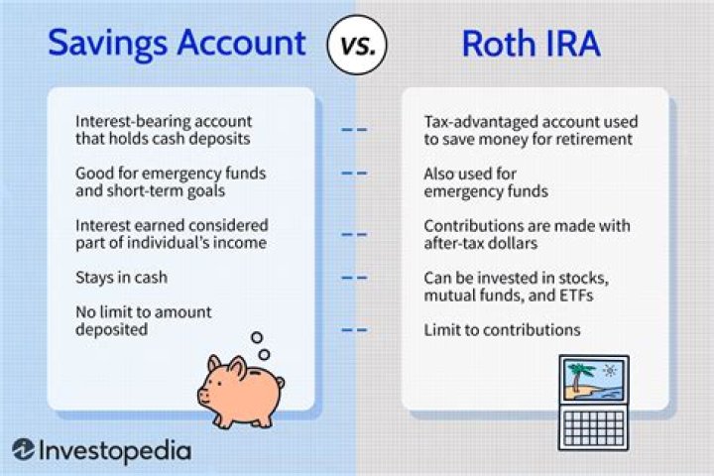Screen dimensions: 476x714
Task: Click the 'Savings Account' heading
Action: (x=177, y=43)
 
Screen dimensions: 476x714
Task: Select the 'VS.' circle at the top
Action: (x=356, y=44)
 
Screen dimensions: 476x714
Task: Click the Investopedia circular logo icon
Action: (x=24, y=449)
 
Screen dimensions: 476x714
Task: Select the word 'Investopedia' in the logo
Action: (x=115, y=449)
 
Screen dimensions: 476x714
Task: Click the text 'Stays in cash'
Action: (x=120, y=279)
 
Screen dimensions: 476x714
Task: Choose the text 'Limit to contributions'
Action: (x=501, y=329)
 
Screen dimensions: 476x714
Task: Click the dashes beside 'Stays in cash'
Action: (x=355, y=279)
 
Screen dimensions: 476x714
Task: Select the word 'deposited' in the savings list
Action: (x=112, y=329)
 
